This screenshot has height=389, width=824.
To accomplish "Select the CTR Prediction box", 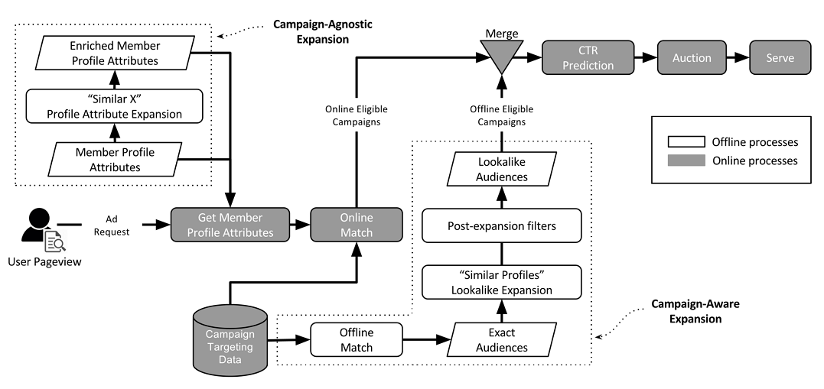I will coord(588,58).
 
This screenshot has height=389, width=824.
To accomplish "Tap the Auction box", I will coord(692,58).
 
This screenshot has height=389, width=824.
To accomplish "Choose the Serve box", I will coord(781,58).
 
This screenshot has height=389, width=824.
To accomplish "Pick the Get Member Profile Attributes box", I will coord(231,225).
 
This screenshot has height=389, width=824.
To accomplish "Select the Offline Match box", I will coord(356,340).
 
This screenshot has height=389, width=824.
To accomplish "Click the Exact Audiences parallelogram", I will coord(501,340).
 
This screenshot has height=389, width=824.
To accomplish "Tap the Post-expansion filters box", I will coord(501,227).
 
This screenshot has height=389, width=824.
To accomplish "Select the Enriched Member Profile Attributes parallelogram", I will coord(116,53).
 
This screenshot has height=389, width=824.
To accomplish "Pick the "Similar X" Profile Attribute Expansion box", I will coord(116,107).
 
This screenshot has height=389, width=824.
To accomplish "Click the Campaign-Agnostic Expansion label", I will coord(323,31).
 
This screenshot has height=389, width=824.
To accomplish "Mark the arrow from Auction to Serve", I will coord(735,58).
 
